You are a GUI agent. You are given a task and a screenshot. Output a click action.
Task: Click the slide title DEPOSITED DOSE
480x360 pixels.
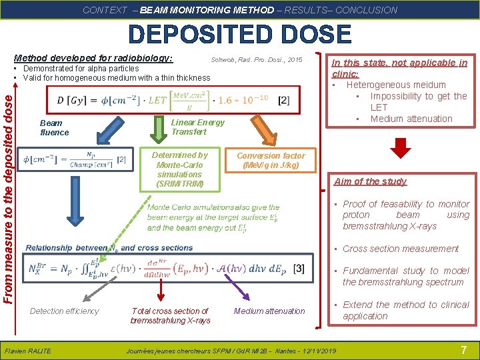[x=240, y=35]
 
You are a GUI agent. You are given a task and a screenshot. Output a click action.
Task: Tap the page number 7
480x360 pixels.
[x=463, y=350]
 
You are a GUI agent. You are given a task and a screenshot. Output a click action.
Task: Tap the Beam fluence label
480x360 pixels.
[x=54, y=127]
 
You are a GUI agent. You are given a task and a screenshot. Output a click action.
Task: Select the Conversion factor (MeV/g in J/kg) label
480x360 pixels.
[x=271, y=160]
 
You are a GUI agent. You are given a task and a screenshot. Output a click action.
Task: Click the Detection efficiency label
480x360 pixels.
[x=64, y=311]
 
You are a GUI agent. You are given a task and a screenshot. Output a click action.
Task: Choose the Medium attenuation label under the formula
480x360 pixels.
[x=269, y=311]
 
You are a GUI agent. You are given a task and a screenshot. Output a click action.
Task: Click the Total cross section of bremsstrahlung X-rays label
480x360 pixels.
[x=170, y=315]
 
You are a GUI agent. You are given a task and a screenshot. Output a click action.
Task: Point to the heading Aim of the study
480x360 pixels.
[x=370, y=181]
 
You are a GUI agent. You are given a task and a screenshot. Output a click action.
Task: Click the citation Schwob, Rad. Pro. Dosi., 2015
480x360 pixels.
[x=257, y=60]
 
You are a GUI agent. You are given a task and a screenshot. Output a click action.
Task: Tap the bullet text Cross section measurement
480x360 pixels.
[x=400, y=249]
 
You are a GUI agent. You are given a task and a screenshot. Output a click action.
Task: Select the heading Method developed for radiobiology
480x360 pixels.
[x=93, y=58]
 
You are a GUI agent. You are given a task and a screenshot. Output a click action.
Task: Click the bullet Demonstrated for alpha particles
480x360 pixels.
[x=81, y=68]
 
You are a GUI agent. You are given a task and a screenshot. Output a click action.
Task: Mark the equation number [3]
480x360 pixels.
[x=299, y=268]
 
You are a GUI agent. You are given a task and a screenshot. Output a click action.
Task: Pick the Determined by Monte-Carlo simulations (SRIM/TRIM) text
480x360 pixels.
[x=180, y=169]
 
